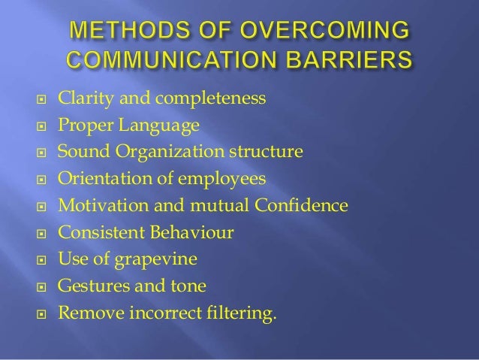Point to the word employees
[x=230, y=179]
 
